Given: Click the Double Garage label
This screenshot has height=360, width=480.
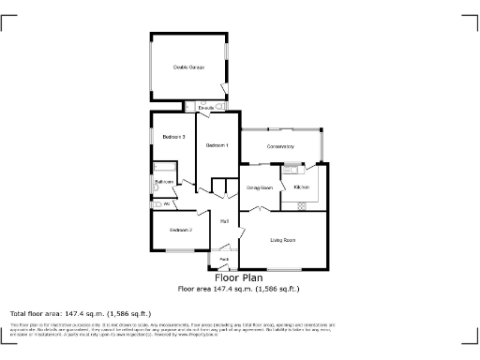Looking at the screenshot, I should tap(188, 67).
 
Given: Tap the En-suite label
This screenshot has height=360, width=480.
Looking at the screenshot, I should tap(204, 109).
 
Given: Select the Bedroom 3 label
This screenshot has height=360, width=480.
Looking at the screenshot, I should tap(173, 138).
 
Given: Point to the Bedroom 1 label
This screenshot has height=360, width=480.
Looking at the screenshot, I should tap(217, 145).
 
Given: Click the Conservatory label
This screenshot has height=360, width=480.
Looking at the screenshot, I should tap(280, 147).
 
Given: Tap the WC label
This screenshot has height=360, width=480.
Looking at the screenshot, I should tap(166, 203).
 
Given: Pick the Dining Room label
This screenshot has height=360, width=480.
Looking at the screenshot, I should tap(259, 188).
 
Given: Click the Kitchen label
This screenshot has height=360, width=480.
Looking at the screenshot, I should tap(302, 188).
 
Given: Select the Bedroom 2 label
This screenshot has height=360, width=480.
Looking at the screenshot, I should tap(181, 230).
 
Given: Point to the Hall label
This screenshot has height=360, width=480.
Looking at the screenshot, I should tap(225, 221).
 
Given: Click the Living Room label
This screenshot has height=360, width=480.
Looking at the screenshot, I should tap(283, 241).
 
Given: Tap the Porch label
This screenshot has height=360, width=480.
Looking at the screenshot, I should tap(225, 259).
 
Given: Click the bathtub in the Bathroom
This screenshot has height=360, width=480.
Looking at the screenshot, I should tap(161, 169).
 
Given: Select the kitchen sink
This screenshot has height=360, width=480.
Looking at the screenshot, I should tap(292, 169).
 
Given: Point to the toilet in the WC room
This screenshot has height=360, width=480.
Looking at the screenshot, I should tap(157, 203).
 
